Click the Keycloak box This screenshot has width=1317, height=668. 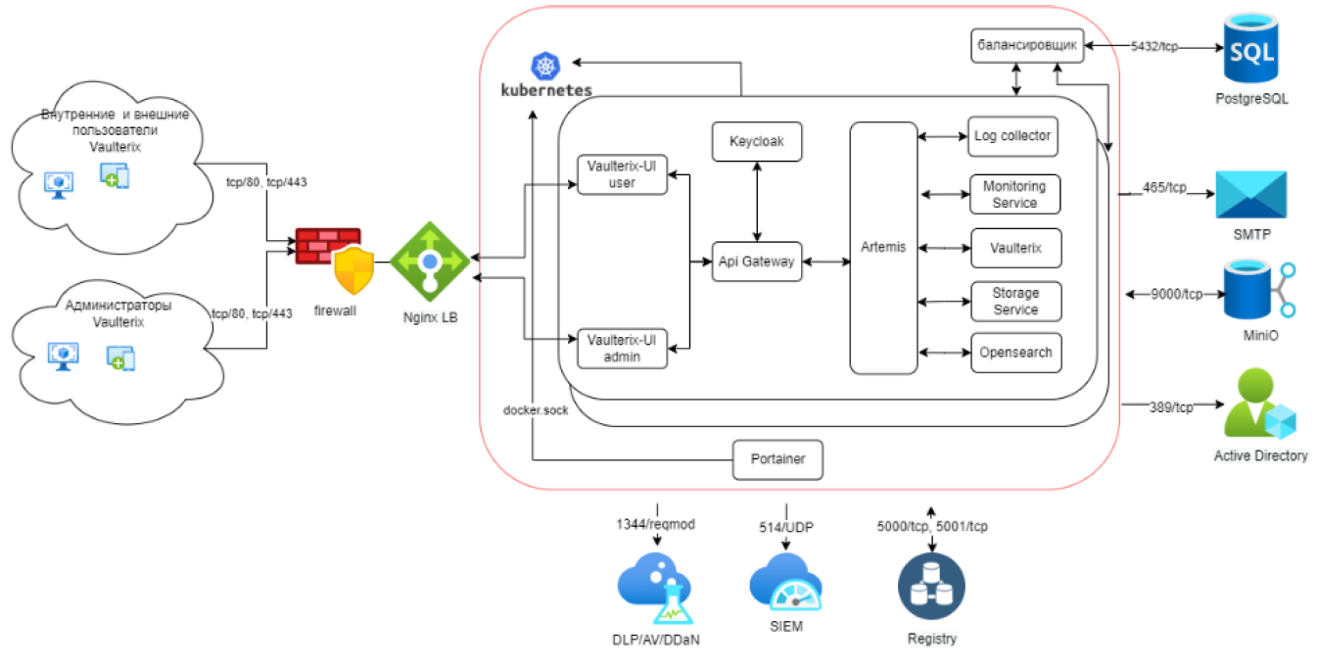point(756,142)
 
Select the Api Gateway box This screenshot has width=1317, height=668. point(756,262)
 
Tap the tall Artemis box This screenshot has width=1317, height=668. point(883,248)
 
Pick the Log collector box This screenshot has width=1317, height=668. point(1013,136)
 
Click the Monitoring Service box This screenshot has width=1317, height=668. point(1014,194)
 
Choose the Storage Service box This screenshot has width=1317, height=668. point(1015,301)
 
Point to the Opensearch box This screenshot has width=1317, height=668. point(1015,353)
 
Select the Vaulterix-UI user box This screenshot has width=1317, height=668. point(622,174)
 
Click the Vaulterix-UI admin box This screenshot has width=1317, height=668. point(622,348)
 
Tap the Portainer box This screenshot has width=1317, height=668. point(777,459)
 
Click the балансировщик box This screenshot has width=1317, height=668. point(1027,45)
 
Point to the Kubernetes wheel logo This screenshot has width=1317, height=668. point(544,67)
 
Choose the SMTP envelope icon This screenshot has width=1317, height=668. point(1250,195)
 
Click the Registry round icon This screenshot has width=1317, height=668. point(931,588)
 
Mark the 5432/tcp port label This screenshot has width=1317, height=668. point(1153,46)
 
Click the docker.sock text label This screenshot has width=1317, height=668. point(535,410)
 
